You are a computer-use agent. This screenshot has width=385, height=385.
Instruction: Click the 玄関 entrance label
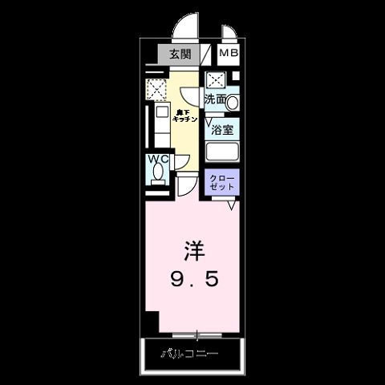pos(180,55)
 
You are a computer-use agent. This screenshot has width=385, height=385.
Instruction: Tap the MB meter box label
pos(229,54)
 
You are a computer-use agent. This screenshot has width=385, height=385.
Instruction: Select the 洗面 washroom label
pos(214,100)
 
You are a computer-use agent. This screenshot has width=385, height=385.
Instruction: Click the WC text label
pos(156,158)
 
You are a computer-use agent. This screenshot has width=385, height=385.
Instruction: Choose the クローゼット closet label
pos(221,181)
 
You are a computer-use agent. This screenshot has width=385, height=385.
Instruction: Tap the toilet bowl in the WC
pos(157,173)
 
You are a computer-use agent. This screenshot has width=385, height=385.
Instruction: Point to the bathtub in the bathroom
pos(224,152)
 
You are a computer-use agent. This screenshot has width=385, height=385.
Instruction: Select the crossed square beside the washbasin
pos(215,80)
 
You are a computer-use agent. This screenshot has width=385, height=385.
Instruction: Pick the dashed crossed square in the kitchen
pos(156,88)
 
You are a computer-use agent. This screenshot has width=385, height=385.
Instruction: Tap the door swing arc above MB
pos(229,35)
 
